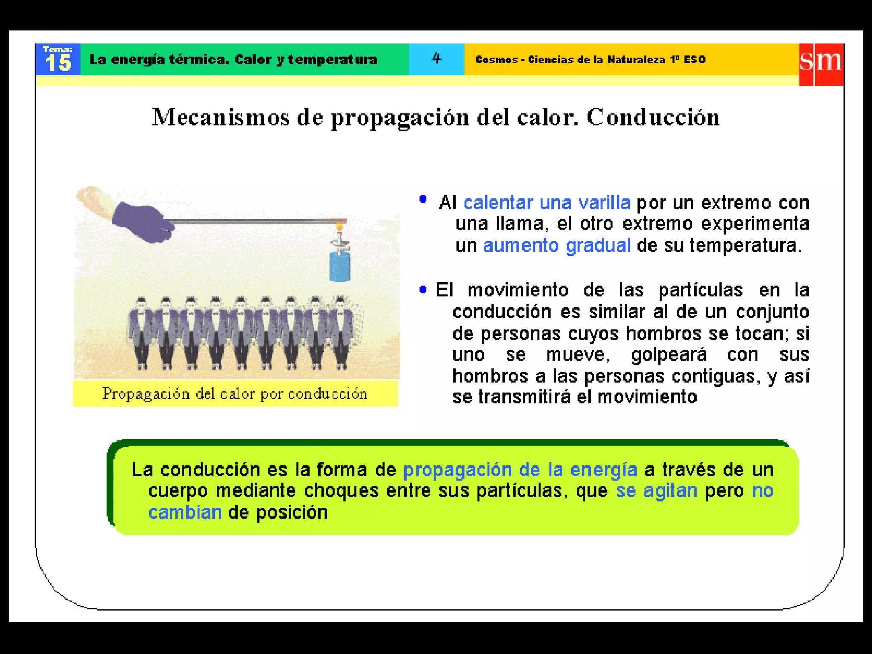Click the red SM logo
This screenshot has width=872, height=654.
(x=821, y=64)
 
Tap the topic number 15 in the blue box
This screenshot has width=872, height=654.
(x=58, y=63)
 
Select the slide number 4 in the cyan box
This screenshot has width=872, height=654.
(x=436, y=58)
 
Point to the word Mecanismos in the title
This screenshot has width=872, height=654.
(x=221, y=117)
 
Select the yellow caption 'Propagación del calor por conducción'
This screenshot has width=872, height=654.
(x=235, y=394)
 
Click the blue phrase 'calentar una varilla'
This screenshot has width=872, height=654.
(x=547, y=203)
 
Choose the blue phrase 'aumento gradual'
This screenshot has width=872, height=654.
(x=556, y=246)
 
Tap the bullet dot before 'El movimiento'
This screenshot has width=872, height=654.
(x=423, y=290)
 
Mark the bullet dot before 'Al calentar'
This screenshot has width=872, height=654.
(x=423, y=199)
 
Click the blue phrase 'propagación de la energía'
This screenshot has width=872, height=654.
(x=520, y=470)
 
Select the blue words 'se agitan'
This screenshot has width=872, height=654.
(x=656, y=491)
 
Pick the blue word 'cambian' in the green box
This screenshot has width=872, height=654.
(x=185, y=512)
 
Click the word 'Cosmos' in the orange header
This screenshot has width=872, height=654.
(x=496, y=60)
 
